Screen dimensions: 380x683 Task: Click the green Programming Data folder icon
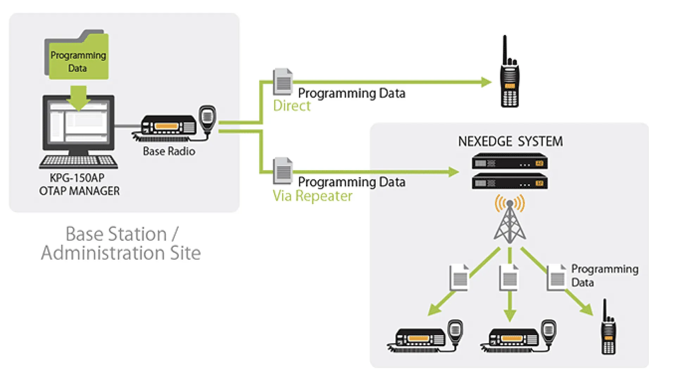77,56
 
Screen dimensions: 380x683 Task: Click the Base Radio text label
169,151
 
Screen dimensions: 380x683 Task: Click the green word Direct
292,106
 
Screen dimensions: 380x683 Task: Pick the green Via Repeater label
312,196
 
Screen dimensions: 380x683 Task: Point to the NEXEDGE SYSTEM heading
510,141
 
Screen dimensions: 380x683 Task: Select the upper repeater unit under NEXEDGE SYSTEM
509,161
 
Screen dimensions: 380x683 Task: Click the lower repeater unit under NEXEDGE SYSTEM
509,182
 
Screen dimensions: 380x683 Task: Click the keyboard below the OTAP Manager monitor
79,162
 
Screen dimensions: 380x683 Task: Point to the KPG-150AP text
77,178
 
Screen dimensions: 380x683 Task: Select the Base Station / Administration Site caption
120,243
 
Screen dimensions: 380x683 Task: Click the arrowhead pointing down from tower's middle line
510,315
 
